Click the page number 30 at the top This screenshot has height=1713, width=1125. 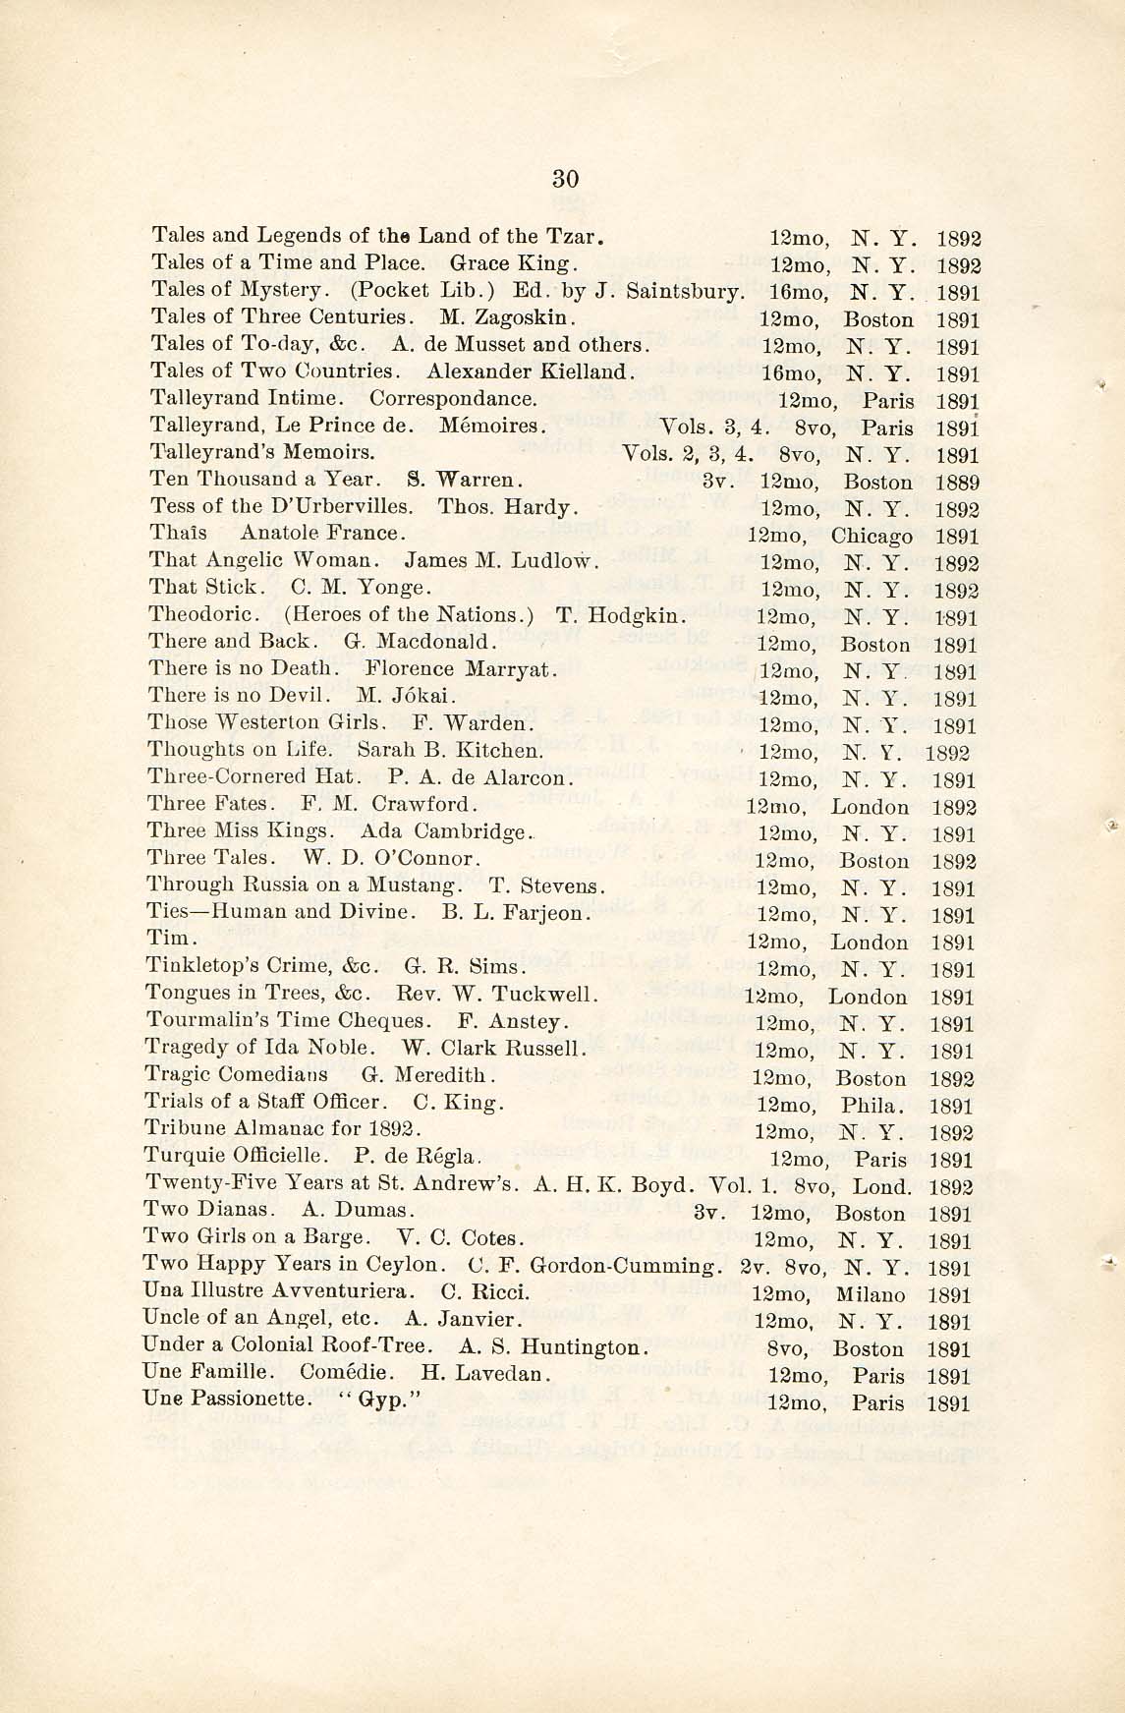click(x=565, y=178)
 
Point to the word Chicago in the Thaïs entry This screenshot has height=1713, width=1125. click(x=872, y=537)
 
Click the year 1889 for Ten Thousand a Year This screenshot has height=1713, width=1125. click(x=956, y=483)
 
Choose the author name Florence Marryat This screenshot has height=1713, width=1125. click(x=462, y=670)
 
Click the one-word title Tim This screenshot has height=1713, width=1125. click(x=165, y=939)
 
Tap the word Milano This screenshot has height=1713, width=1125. click(x=870, y=1295)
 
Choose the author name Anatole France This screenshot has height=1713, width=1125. click(x=322, y=534)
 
